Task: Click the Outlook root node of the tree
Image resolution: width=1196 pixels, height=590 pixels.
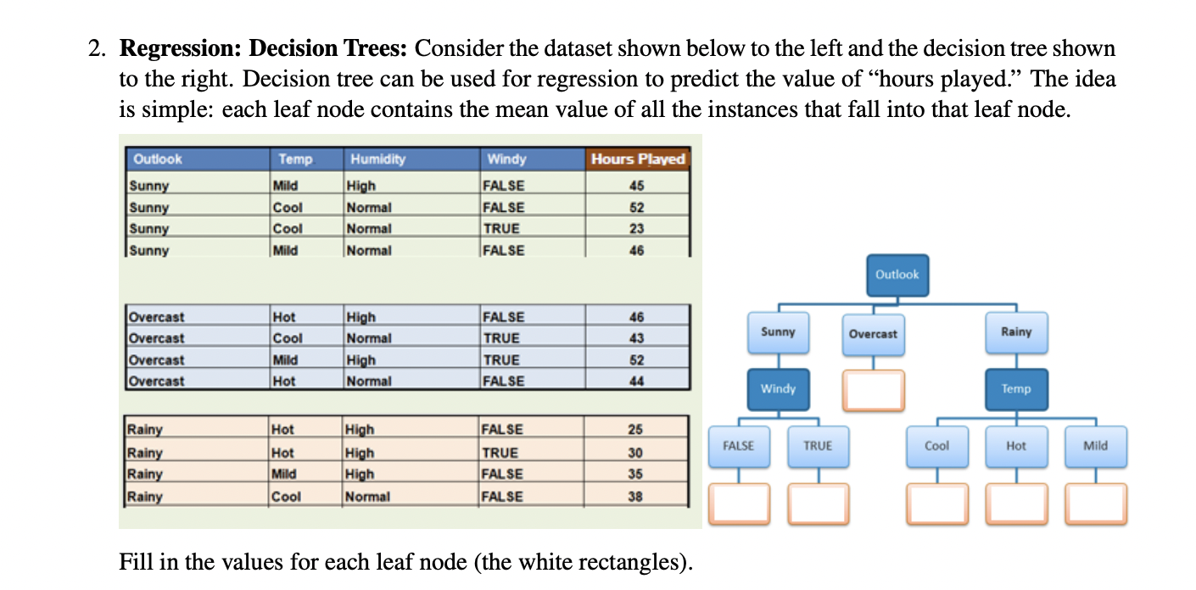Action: pos(897,275)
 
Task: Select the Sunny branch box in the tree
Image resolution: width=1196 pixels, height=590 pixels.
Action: pos(778,332)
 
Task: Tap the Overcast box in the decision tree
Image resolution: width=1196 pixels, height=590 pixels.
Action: pos(873,334)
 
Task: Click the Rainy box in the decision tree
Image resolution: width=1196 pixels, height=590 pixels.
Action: pos(1016,332)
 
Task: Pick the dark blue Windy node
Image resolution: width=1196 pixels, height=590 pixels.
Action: pos(778,389)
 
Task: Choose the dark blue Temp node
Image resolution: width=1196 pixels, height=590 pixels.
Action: pos(1016,389)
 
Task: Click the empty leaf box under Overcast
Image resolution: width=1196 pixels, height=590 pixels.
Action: pos(873,391)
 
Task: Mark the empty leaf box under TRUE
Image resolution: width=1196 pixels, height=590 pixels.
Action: pos(818,504)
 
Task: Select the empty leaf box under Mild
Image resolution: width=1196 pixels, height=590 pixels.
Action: pos(1096,504)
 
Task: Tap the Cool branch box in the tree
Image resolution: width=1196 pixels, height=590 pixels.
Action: pos(936,446)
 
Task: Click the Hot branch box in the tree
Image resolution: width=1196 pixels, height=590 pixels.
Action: pos(1016,446)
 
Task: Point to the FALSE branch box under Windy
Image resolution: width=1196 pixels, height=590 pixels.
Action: pos(738,446)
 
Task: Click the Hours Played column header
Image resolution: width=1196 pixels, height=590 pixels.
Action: pos(638,159)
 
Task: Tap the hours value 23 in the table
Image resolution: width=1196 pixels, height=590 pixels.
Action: pos(637,229)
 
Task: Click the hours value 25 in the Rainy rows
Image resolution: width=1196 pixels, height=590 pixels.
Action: pos(635,430)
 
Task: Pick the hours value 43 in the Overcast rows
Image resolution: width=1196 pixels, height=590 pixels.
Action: pos(637,338)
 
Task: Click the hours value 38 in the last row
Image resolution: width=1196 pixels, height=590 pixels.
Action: pos(635,497)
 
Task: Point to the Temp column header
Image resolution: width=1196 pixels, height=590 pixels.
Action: pos(295,159)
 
